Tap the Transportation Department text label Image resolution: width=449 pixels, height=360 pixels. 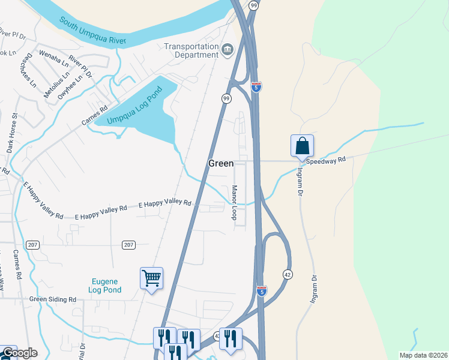pos(191,51)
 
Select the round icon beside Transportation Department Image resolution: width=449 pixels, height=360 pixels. pos(228,49)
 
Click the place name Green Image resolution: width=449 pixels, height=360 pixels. pos(221,163)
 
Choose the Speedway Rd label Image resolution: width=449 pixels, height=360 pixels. pos(326,160)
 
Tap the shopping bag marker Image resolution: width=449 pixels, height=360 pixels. pos(302,146)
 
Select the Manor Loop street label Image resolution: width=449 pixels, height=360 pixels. pos(235,202)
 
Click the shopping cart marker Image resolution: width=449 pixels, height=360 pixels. pos(151,278)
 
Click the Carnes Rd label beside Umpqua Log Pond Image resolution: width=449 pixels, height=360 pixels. pos(94,117)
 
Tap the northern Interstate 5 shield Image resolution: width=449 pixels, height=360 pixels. pos(256,87)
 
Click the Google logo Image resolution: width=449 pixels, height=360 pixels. pos(19,353)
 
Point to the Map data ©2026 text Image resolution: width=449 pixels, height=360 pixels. pos(423,355)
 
